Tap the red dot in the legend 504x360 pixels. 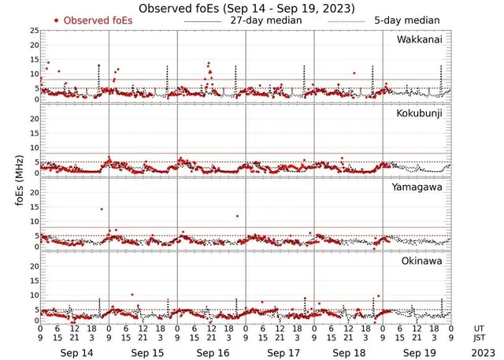tap(56, 20)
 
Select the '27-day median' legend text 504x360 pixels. tap(264, 19)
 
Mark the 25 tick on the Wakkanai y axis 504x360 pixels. tap(34, 31)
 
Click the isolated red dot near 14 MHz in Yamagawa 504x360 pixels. tap(102, 209)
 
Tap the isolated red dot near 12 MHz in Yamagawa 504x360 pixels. tap(236, 216)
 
